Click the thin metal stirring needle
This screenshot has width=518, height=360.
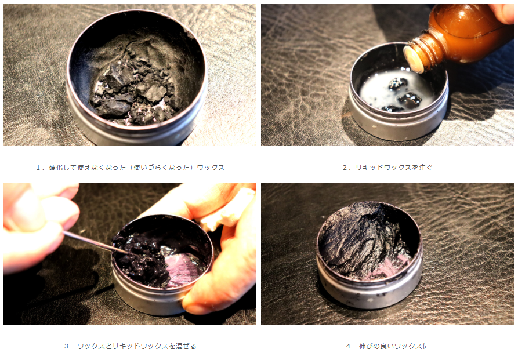tap(95, 243)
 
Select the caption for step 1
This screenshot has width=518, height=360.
tap(130, 168)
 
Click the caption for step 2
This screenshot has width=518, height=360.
tap(387, 168)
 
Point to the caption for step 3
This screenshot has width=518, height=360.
tap(130, 346)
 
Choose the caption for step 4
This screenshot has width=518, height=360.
tap(387, 346)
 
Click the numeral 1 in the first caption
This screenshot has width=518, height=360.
tap(38, 168)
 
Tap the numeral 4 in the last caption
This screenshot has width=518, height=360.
tap(349, 347)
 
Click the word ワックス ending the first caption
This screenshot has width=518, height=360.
tap(211, 168)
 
